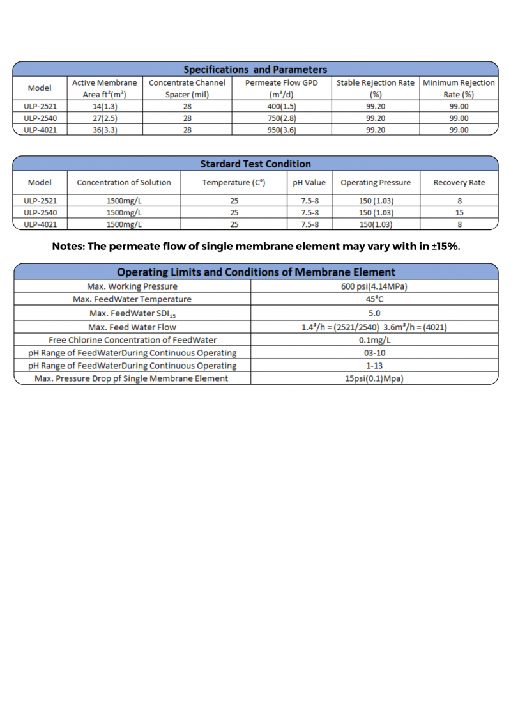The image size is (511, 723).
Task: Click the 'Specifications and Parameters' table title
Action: click(255, 69)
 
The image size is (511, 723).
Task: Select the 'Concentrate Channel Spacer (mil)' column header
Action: click(187, 88)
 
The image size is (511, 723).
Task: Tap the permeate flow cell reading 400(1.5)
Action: click(281, 107)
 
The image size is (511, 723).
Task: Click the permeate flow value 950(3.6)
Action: click(281, 130)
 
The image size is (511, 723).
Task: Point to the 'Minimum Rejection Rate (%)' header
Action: click(459, 88)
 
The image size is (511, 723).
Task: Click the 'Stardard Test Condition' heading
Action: click(256, 164)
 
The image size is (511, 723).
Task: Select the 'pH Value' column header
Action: click(309, 182)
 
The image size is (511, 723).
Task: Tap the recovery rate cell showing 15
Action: click(459, 212)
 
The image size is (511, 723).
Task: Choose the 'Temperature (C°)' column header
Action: click(234, 182)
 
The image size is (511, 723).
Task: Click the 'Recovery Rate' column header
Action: click(459, 182)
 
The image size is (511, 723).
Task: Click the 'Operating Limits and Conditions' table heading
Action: click(256, 272)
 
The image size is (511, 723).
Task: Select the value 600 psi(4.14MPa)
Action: click(374, 286)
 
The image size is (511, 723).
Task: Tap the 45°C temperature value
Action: click(374, 300)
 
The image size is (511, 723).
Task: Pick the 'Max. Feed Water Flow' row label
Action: click(132, 327)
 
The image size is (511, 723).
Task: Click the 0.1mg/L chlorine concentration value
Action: click(374, 340)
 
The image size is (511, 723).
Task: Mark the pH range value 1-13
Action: click(374, 366)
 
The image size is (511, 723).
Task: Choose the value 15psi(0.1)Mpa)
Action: click(374, 378)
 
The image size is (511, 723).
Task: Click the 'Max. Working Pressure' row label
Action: click(132, 286)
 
